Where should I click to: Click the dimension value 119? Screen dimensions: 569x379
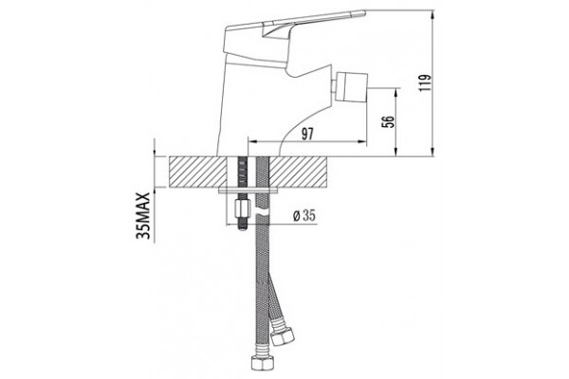tap(425, 82)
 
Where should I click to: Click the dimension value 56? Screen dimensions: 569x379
tap(388, 121)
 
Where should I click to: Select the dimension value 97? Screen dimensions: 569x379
tap(307, 135)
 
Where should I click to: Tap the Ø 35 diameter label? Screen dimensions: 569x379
tap(304, 216)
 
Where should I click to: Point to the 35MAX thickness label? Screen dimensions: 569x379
tap(143, 215)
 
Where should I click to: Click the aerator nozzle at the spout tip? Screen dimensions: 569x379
tap(351, 87)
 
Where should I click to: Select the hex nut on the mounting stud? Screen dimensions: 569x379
tap(241, 208)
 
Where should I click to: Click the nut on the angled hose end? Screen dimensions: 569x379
tap(283, 335)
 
